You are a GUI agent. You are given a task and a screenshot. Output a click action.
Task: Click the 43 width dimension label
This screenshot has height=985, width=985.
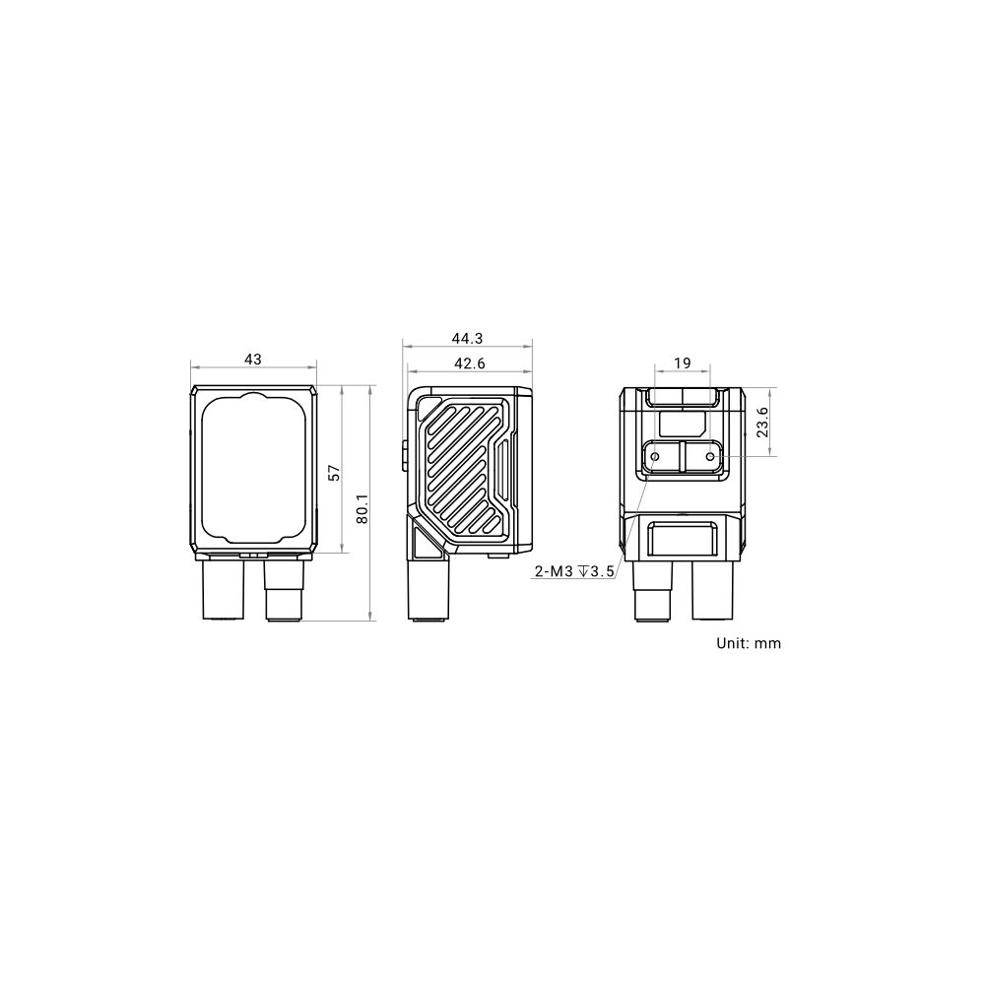pyautogui.click(x=252, y=360)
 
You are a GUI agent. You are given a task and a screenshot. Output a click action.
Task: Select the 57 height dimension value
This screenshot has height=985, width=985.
pyautogui.click(x=335, y=473)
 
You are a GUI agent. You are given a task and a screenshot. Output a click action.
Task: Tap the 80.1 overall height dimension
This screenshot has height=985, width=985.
pyautogui.click(x=361, y=508)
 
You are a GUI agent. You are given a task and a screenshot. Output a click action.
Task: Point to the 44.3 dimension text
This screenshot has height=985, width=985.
pyautogui.click(x=467, y=339)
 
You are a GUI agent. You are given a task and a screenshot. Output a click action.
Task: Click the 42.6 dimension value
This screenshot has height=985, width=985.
pyautogui.click(x=470, y=363)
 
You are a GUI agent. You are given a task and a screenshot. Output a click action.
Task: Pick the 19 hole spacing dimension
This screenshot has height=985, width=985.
pyautogui.click(x=683, y=363)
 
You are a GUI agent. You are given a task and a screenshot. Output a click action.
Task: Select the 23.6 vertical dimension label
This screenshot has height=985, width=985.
pyautogui.click(x=762, y=423)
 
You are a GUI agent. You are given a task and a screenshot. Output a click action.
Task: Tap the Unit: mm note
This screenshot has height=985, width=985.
pyautogui.click(x=749, y=643)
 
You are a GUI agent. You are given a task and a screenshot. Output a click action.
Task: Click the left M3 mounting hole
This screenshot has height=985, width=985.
pyautogui.click(x=655, y=456)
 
